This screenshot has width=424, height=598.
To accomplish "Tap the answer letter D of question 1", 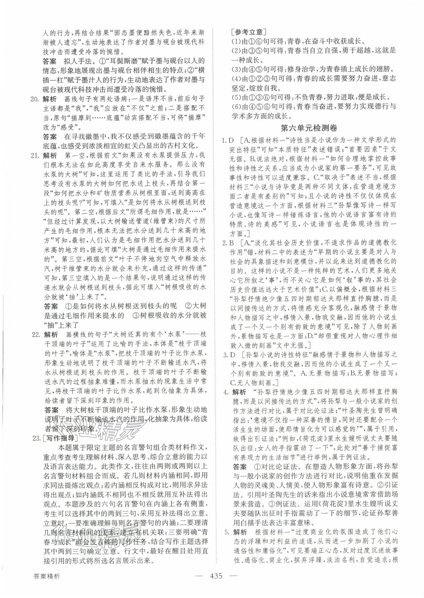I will point(231,140).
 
